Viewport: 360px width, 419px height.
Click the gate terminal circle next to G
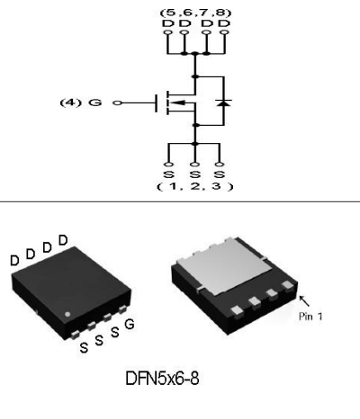[117, 103]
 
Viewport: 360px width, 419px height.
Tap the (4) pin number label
[70, 103]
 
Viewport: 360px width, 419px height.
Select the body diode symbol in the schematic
[224, 103]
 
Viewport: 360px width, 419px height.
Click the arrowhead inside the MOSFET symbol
[177, 103]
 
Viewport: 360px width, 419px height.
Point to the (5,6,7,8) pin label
[195, 13]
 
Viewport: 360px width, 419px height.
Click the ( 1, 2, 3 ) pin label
[195, 186]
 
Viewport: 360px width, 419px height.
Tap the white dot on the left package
[67, 314]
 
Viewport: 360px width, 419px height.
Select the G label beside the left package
[130, 325]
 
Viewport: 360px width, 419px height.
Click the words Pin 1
[310, 316]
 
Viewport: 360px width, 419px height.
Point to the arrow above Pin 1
[304, 301]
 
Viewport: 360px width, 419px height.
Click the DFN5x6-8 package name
[162, 379]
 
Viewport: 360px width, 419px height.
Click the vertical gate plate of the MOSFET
[157, 103]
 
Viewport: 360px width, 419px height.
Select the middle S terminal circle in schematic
[195, 165]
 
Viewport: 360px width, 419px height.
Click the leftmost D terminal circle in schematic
[168, 32]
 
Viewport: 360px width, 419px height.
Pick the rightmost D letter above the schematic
[224, 23]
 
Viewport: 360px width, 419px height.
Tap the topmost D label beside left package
[63, 240]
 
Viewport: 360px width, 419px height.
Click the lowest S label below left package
[84, 348]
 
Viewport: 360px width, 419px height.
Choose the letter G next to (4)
[95, 103]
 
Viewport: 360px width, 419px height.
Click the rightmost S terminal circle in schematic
[220, 165]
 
